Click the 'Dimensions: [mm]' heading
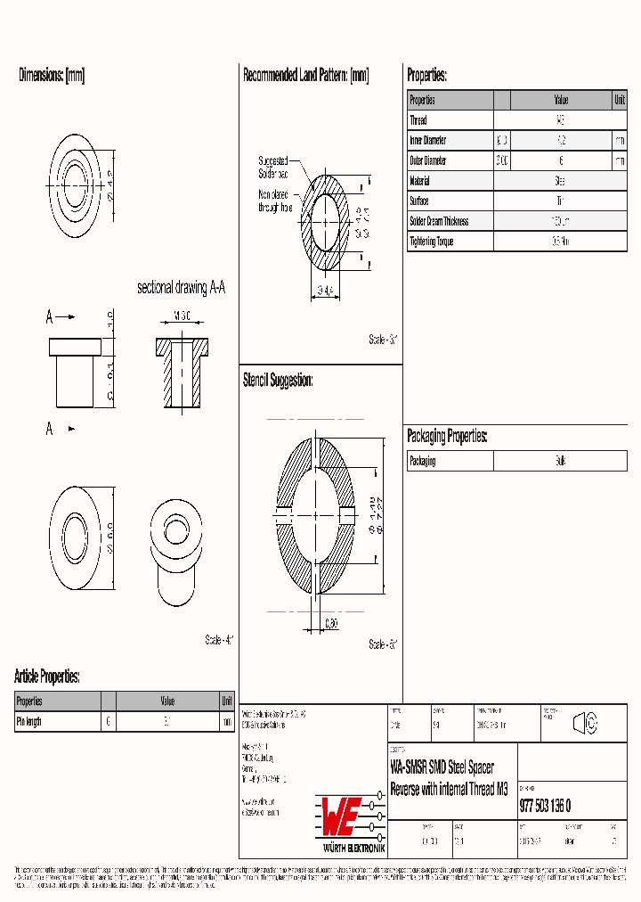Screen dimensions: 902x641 [x=52, y=76]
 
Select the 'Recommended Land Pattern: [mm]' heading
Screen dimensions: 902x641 [x=305, y=76]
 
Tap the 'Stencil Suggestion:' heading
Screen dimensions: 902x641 [x=278, y=381]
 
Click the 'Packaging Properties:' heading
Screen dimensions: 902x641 [x=447, y=436]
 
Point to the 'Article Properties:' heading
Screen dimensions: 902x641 [x=47, y=676]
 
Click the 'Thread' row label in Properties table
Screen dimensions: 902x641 [x=418, y=120]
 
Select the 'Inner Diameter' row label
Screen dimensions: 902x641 [x=428, y=141]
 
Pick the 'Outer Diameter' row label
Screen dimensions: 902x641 [x=428, y=161]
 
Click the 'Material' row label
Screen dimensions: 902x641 [x=419, y=181]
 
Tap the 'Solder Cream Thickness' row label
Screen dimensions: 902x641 [x=439, y=221]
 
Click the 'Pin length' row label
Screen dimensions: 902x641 [x=29, y=722]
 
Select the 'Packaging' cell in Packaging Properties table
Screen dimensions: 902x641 [x=423, y=462]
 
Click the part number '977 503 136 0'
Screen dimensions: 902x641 [x=545, y=807]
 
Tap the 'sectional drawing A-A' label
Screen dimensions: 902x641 [x=181, y=288]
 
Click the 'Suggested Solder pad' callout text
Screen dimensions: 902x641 [x=273, y=167]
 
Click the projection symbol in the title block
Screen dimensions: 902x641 [x=585, y=724]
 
